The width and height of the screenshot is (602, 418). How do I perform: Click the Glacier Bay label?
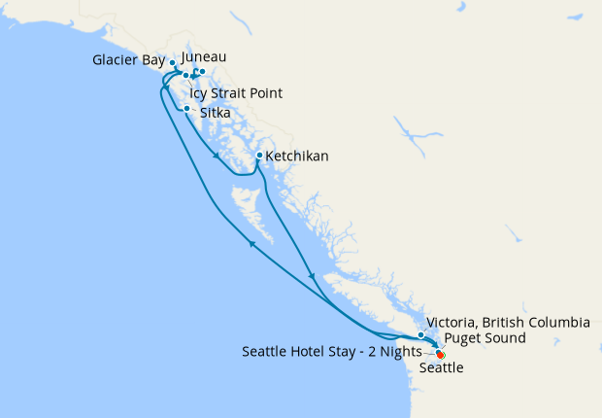pos(128,60)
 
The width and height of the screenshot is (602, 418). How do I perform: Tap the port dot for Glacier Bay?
pos(173,63)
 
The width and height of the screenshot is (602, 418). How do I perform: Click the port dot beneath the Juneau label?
pos(202,72)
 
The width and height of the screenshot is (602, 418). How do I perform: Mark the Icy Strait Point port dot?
pos(185,75)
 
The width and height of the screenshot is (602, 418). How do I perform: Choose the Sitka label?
pos(215,113)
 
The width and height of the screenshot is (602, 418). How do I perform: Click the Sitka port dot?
pos(187,108)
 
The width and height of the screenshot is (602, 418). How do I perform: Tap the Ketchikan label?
pos(297,156)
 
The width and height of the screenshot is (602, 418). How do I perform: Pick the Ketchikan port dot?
pos(259,156)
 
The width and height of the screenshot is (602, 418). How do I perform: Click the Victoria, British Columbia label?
pos(509,322)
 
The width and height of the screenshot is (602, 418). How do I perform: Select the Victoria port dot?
pos(421,334)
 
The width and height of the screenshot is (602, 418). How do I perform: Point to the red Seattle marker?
pos(441,355)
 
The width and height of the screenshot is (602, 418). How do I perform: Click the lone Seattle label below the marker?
pos(441,369)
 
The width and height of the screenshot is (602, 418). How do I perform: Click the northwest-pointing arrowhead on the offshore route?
pos(252,243)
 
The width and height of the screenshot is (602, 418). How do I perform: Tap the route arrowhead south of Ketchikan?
pos(311,276)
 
